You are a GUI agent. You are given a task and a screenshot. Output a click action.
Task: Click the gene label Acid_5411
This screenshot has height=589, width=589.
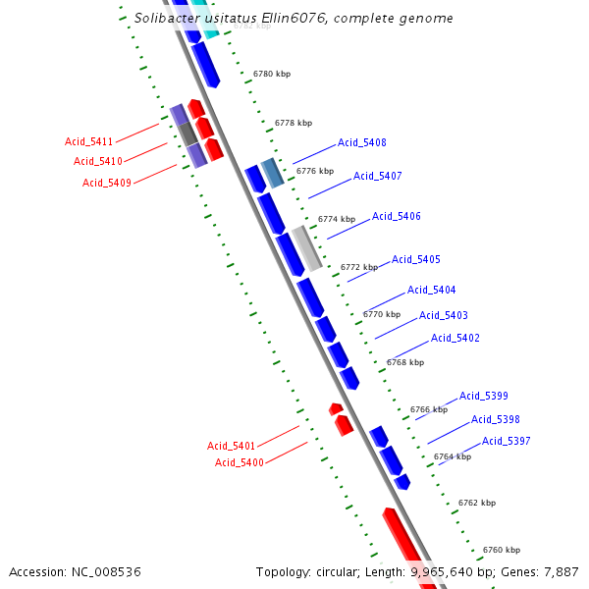coord(89,142)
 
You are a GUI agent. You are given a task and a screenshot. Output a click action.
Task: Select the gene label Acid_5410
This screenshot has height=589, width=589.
coord(98,162)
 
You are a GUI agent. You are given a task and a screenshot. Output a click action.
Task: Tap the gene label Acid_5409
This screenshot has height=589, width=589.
coord(107,183)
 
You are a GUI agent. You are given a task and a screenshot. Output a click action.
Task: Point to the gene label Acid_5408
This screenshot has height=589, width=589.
coord(362,143)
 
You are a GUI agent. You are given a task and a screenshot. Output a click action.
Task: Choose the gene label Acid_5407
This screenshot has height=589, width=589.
coord(378,177)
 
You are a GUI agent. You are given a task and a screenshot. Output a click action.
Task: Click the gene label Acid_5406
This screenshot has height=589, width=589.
coord(397,217)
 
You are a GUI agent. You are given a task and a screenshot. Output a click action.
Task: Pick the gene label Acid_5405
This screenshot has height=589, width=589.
coord(416,260)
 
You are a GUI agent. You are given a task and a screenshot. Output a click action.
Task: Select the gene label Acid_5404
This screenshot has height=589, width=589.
coord(432,291)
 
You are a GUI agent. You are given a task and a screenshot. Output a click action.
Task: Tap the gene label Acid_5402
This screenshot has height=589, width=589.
coord(455,339)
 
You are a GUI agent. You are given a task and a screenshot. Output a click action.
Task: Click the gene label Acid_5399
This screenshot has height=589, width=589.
coord(484,397)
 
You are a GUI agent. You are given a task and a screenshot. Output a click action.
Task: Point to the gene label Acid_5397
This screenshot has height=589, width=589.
coord(507,442)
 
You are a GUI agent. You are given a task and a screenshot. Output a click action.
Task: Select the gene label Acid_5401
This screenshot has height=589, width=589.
coord(232,446)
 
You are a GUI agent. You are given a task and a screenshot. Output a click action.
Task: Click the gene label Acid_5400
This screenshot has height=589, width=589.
coord(240,462)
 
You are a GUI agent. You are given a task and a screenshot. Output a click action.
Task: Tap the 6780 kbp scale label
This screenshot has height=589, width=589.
coord(272,75)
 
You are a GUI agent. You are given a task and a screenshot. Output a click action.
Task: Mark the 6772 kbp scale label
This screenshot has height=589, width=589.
coord(359,267)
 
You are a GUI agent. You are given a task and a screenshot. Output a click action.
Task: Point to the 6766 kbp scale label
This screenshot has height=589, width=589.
coord(429,409)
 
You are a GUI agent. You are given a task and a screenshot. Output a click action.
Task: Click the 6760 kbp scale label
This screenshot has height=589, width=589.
coord(502,550)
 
